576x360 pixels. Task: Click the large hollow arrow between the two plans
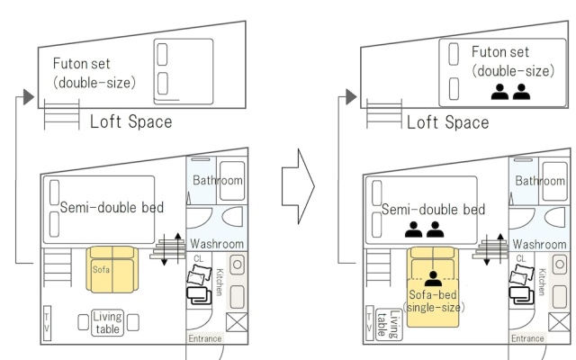click(298, 186)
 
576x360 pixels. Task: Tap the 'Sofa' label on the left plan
click(101, 270)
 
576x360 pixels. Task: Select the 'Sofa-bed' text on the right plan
click(433, 294)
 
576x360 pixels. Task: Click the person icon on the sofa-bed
click(433, 278)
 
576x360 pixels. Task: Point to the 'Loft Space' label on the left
click(131, 121)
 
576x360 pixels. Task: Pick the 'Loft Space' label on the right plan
click(448, 122)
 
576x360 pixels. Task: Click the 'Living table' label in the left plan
click(107, 322)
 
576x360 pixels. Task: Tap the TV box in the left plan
click(47, 323)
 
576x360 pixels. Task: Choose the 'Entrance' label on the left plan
click(205, 338)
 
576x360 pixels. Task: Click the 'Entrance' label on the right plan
click(527, 338)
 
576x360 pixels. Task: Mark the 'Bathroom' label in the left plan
click(218, 180)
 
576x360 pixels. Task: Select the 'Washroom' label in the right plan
click(540, 244)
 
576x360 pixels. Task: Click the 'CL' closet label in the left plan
click(198, 258)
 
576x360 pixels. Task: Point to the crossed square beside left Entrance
click(237, 322)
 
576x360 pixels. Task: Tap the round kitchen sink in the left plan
click(238, 264)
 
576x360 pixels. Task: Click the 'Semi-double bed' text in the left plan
click(112, 208)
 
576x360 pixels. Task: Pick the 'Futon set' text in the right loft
click(500, 52)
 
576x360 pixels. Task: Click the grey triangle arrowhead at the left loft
click(29, 97)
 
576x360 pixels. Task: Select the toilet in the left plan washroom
click(233, 216)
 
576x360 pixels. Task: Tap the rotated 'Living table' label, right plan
click(389, 324)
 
